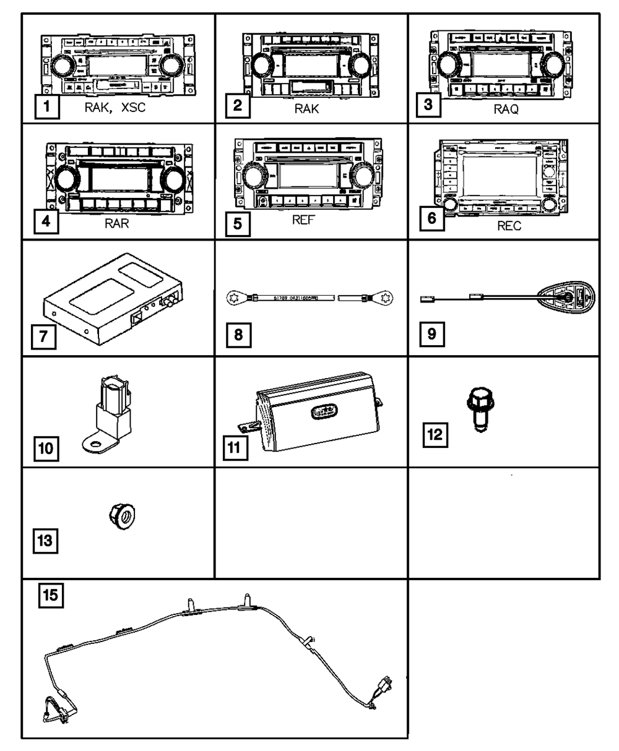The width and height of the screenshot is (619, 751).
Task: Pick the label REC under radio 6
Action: pyautogui.click(x=509, y=226)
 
